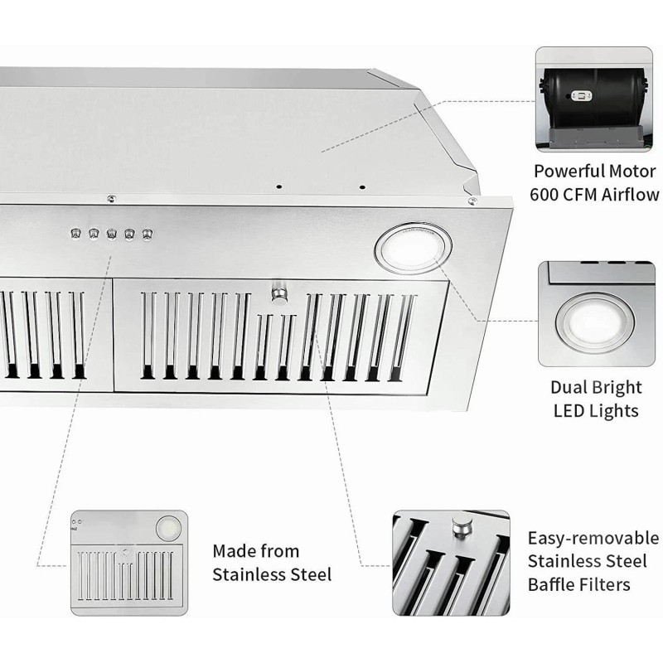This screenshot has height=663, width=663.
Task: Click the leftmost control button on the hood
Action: (75, 235)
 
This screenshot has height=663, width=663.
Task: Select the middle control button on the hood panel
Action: (111, 235)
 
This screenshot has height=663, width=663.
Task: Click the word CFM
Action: (588, 196)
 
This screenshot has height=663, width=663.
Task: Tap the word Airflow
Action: (635, 196)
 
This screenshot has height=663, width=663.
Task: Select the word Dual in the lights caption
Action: (569, 387)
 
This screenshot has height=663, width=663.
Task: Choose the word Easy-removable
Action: (593, 538)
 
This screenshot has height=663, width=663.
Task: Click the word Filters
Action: (610, 584)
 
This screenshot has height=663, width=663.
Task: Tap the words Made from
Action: (256, 551)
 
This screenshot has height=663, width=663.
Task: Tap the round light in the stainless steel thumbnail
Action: (168, 525)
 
